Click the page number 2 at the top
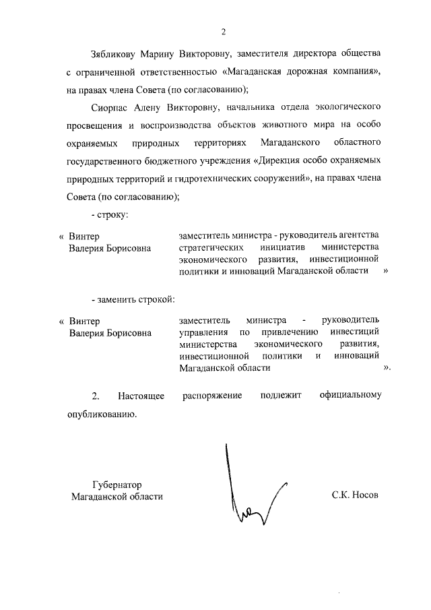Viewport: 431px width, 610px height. pyautogui.click(x=222, y=31)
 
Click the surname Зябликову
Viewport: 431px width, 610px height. pyautogui.click(x=114, y=53)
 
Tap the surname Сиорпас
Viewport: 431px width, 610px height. pyautogui.click(x=112, y=107)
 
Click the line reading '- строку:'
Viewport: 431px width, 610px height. pyautogui.click(x=109, y=214)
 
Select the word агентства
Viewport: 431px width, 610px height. pyautogui.click(x=356, y=235)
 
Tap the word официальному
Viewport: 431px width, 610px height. pyautogui.click(x=351, y=395)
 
